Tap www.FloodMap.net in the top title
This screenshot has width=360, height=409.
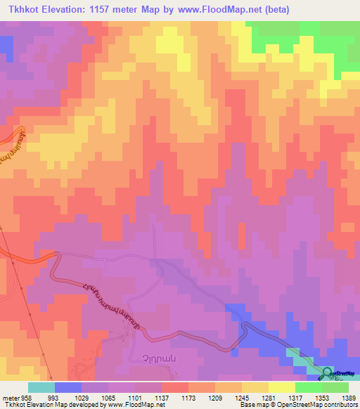212,10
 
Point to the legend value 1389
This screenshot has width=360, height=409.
348,397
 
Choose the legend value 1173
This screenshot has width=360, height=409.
188,397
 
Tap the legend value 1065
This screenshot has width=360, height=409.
109,397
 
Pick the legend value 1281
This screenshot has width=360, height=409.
269,397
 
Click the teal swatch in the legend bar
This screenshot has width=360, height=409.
41,387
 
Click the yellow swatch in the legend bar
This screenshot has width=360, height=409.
281,387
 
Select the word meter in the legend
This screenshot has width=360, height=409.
10,397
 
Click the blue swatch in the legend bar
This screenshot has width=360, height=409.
67,387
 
